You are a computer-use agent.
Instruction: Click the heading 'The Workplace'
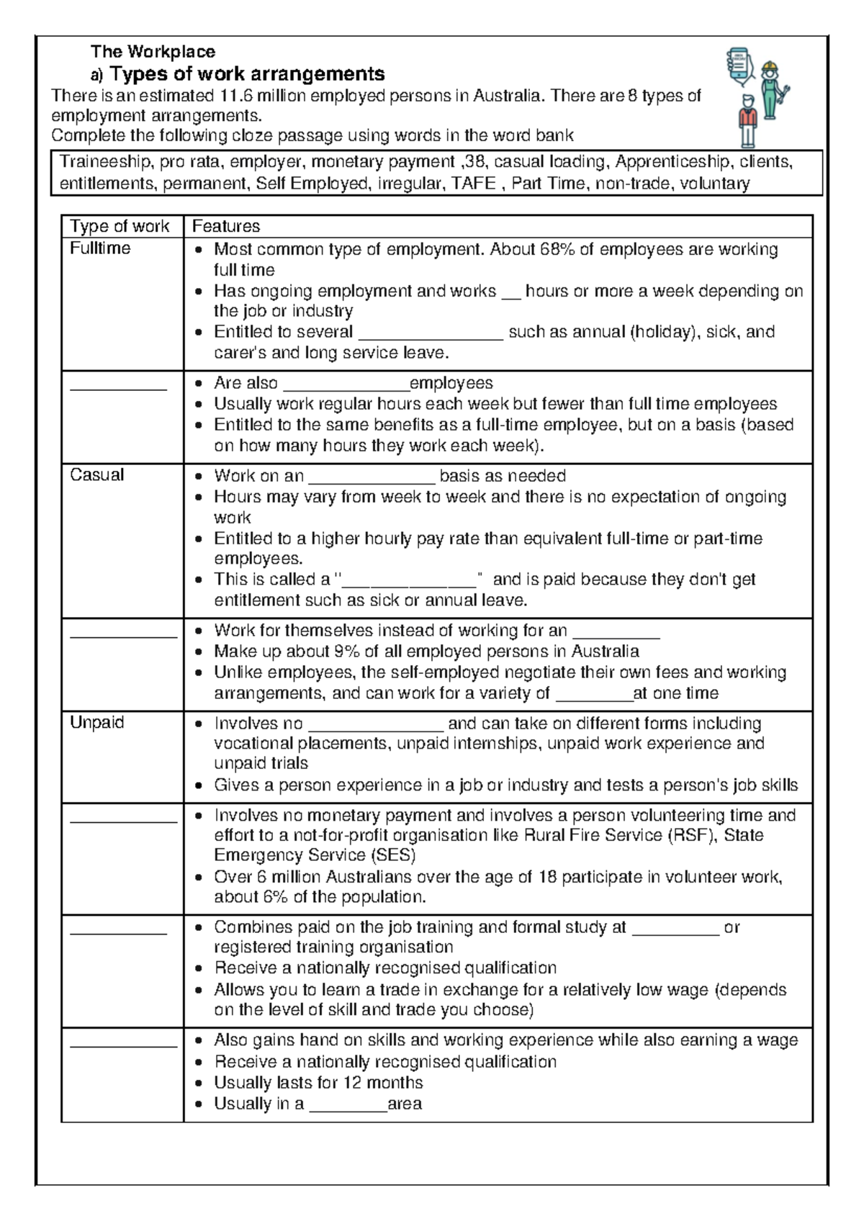click(x=153, y=52)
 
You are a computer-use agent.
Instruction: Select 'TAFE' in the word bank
click(x=473, y=184)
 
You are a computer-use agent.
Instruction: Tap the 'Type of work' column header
click(x=120, y=227)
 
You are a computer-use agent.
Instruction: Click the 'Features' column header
click(x=225, y=227)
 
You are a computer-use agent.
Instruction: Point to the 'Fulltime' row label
click(x=100, y=248)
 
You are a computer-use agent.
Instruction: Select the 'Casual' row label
click(x=96, y=475)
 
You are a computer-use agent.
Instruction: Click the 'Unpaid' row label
click(x=96, y=722)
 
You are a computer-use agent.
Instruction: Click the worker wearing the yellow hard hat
click(x=771, y=90)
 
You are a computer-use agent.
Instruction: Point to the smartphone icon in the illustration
click(x=737, y=64)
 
